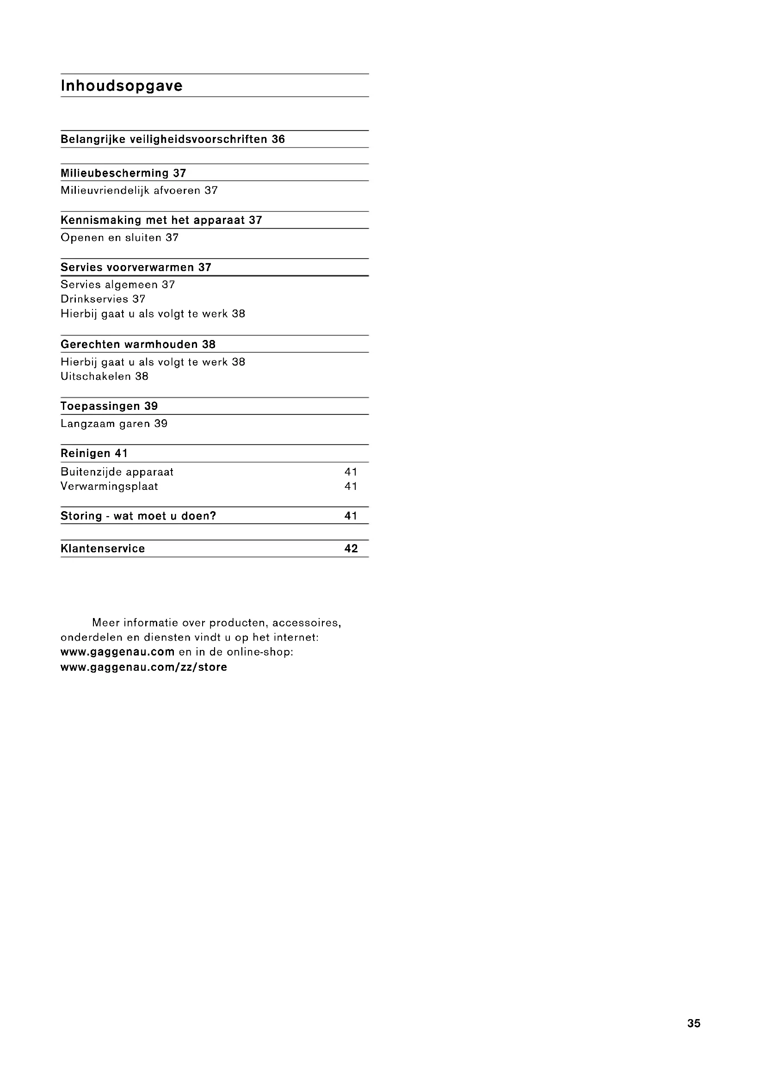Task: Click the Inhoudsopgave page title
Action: pyautogui.click(x=122, y=86)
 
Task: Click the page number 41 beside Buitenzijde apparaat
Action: pyautogui.click(x=351, y=472)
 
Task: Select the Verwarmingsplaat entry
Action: pyautogui.click(x=109, y=486)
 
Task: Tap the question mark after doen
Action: pyautogui.click(x=213, y=516)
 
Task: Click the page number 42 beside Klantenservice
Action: pyautogui.click(x=351, y=549)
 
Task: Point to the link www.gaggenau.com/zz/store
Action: pyautogui.click(x=144, y=667)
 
